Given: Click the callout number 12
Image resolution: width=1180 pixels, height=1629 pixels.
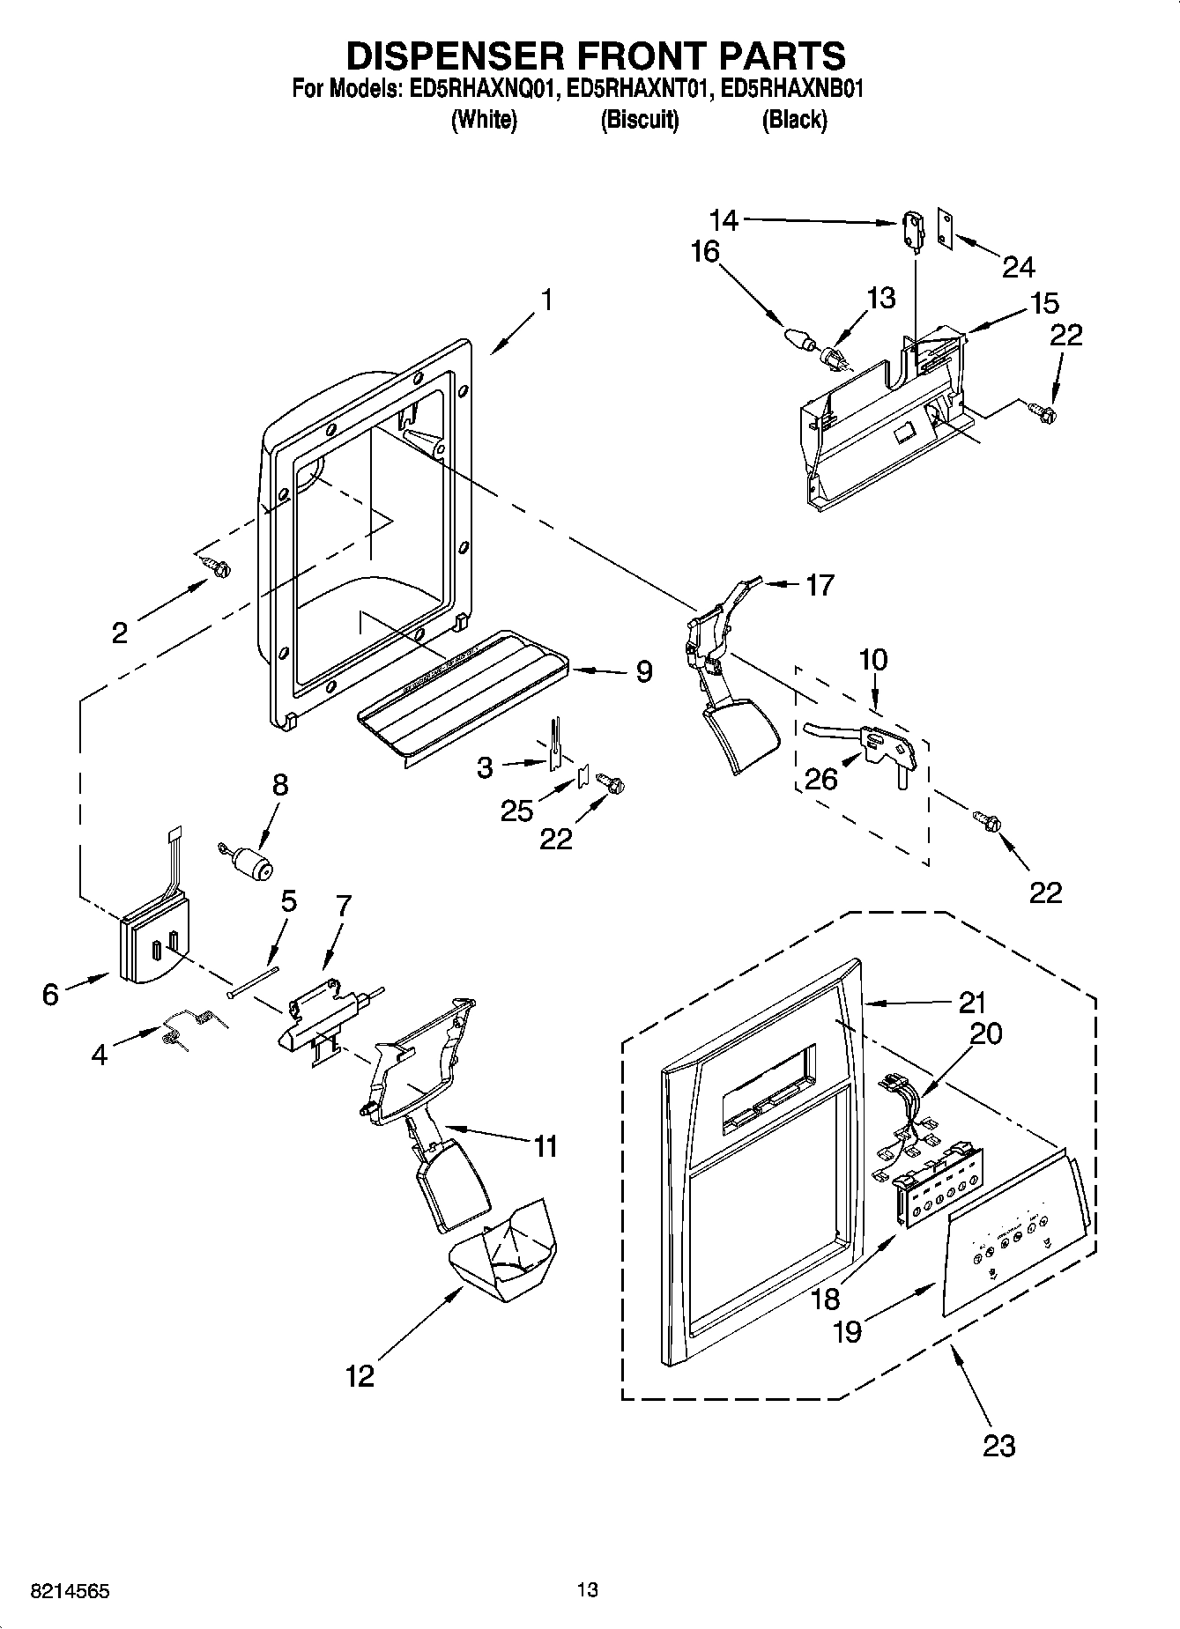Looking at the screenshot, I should pyautogui.click(x=360, y=1375).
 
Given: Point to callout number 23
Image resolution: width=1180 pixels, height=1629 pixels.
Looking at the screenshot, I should pyautogui.click(x=998, y=1445).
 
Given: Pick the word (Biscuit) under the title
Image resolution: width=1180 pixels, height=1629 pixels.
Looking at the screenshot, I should pyautogui.click(x=639, y=120).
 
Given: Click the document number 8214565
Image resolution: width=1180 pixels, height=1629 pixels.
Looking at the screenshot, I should pyautogui.click(x=71, y=1590).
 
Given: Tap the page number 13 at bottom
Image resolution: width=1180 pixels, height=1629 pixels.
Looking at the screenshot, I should pyautogui.click(x=588, y=1589).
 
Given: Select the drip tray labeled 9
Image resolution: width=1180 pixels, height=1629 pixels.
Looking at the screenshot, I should pyautogui.click(x=463, y=692).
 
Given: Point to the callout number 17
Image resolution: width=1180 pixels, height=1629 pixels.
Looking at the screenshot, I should pyautogui.click(x=820, y=585).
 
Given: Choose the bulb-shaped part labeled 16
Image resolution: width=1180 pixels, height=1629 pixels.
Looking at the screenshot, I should pyautogui.click(x=798, y=339).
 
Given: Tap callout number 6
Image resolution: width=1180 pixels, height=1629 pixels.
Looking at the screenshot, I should pyautogui.click(x=50, y=995).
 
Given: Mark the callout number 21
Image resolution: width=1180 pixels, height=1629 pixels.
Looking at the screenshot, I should pyautogui.click(x=972, y=1002).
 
